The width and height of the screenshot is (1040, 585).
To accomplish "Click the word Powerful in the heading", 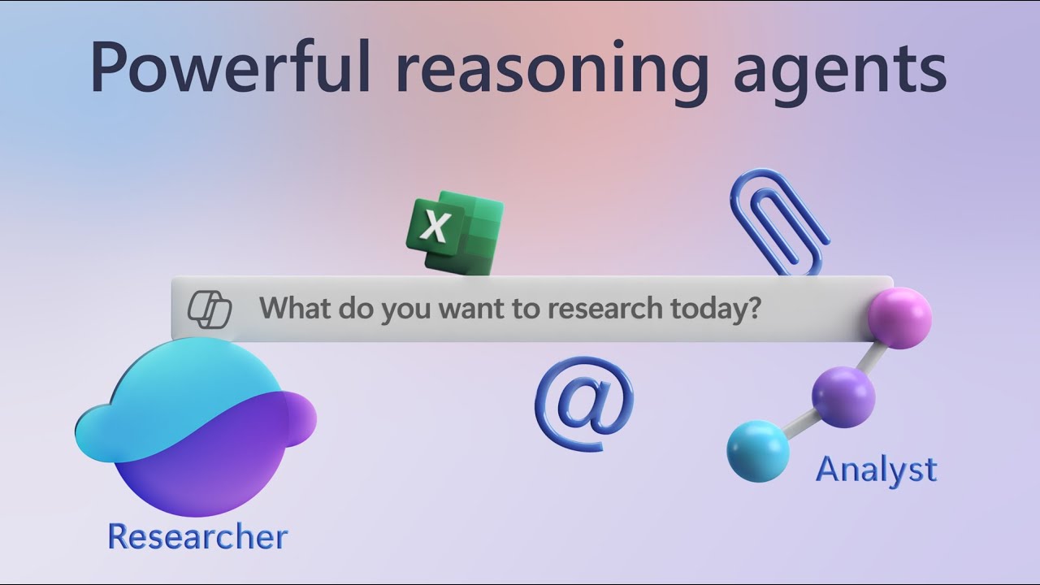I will tap(230, 68).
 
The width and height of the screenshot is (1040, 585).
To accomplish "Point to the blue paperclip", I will tap(780, 219).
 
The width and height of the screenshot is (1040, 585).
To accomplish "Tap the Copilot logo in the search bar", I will tap(210, 310).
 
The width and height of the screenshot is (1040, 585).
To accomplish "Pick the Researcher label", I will tap(197, 537).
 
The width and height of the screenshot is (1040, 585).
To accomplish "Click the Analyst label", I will tap(876, 470).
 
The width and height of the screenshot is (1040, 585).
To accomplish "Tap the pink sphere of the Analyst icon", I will tap(899, 318).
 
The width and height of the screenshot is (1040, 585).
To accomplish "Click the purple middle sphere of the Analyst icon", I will tap(843, 396).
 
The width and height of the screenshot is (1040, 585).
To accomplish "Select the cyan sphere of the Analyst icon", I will tap(757, 450).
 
